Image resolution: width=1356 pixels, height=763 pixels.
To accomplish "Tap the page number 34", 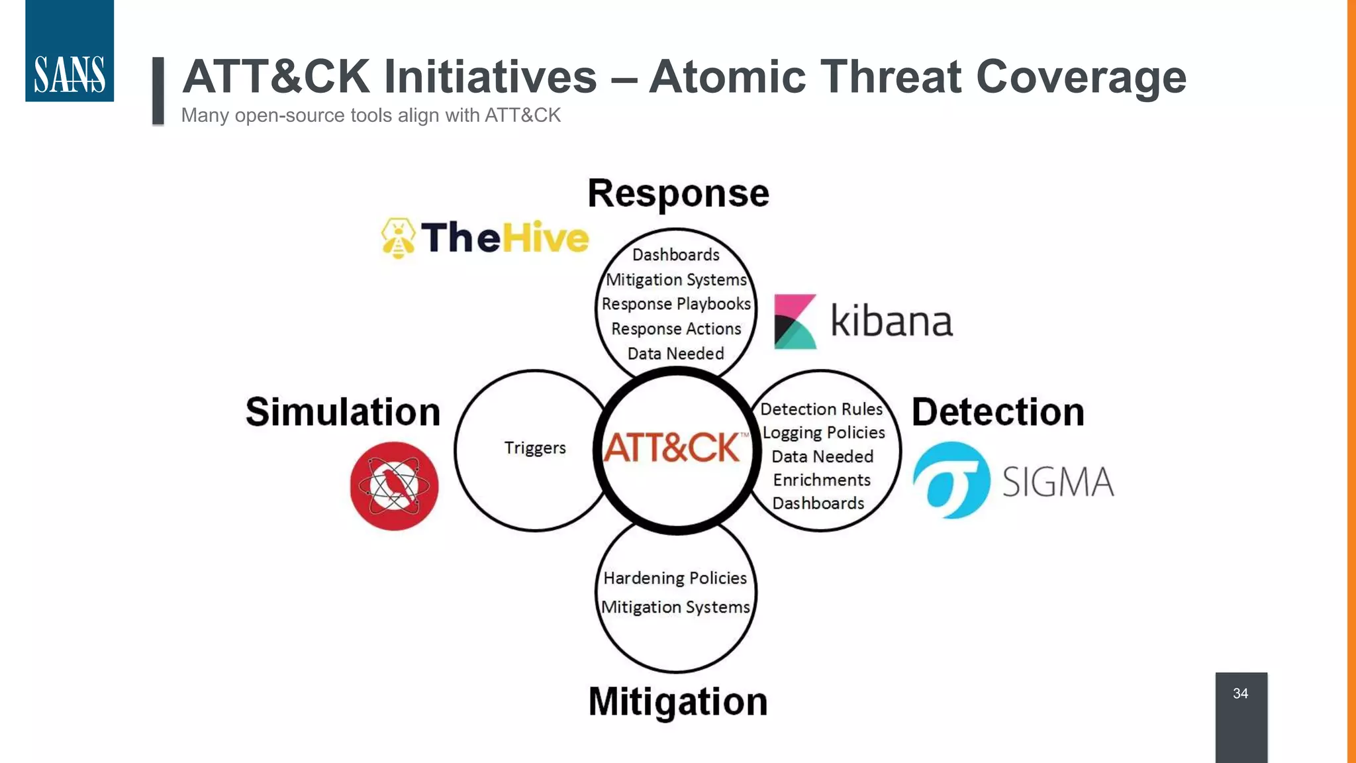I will point(1240,693).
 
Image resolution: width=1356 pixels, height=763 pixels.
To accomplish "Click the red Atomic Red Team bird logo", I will point(394,486).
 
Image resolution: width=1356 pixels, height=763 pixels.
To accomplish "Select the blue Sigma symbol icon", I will point(951,480).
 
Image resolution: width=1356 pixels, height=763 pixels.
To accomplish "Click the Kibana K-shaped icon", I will point(795,322).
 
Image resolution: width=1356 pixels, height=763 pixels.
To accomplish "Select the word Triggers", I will point(535,448).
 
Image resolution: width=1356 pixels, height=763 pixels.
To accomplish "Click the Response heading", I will point(678,193).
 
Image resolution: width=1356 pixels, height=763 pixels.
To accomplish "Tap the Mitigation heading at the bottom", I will point(678,701).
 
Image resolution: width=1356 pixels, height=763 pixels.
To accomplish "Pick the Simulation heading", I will point(343,412).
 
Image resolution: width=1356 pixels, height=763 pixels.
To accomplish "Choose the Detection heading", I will point(998,412).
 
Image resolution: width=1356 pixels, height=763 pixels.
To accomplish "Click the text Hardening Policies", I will point(675,578).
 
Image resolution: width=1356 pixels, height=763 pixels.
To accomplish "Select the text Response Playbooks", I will point(676,304).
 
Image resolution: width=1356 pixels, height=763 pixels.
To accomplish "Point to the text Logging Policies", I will point(824,432).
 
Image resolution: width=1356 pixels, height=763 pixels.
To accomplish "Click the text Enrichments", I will point(822,480).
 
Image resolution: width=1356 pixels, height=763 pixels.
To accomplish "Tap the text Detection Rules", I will point(821,409).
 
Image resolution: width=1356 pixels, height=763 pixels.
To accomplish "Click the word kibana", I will point(891,321).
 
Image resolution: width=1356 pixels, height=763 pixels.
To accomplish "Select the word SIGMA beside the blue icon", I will point(1057,482).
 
